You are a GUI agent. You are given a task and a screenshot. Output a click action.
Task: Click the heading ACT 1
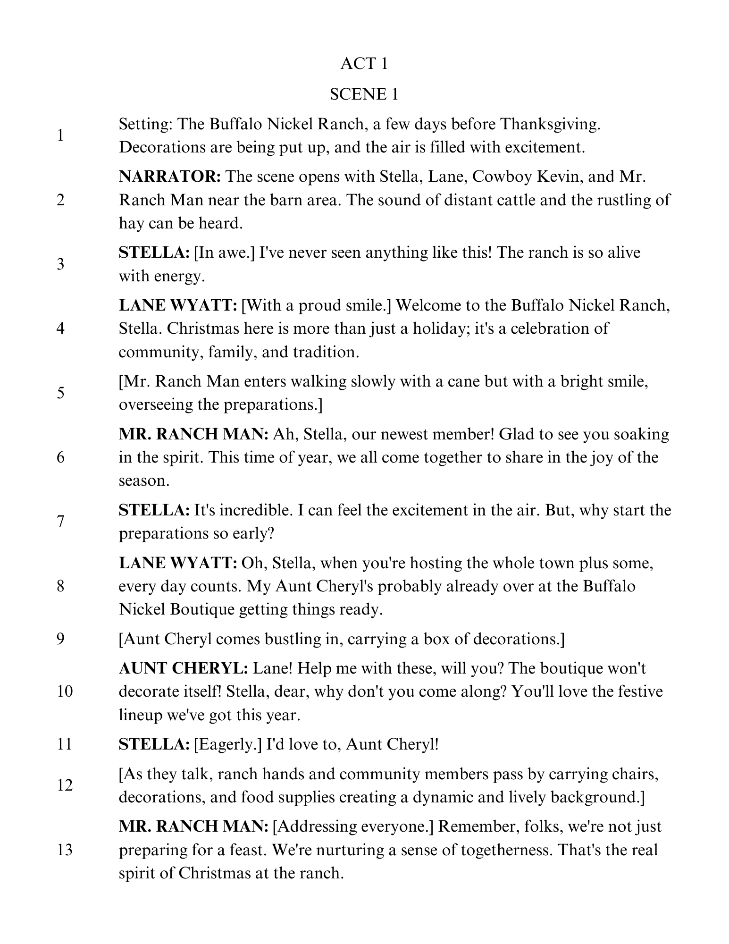[x=364, y=64]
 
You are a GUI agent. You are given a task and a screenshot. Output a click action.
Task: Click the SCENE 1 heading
[x=364, y=94]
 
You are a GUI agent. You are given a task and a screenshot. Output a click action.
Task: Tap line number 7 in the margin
[x=60, y=522]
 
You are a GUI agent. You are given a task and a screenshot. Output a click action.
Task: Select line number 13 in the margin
[x=64, y=850]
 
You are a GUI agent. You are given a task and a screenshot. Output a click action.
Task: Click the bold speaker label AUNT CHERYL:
[x=184, y=668]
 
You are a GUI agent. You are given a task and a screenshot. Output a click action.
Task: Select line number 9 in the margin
[x=60, y=639]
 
